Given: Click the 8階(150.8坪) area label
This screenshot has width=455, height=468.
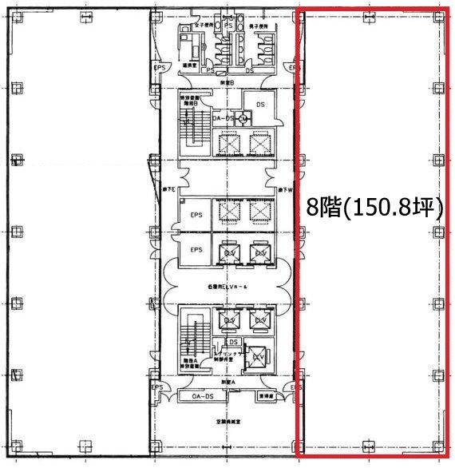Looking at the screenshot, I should coord(375,208).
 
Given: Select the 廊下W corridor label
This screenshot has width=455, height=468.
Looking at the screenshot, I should coord(285,189).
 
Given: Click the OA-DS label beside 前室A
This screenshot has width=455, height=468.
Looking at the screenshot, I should coord(202,396).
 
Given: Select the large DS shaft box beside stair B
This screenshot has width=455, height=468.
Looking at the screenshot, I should coord(259,104).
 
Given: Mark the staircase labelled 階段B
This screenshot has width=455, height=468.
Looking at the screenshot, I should coord(192,128).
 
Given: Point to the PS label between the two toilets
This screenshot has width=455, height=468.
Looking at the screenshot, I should coord(228,26).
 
